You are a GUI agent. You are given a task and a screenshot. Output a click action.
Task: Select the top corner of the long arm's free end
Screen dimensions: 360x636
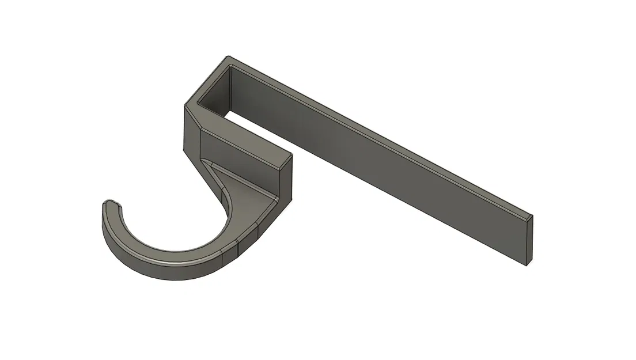(x=531, y=215)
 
